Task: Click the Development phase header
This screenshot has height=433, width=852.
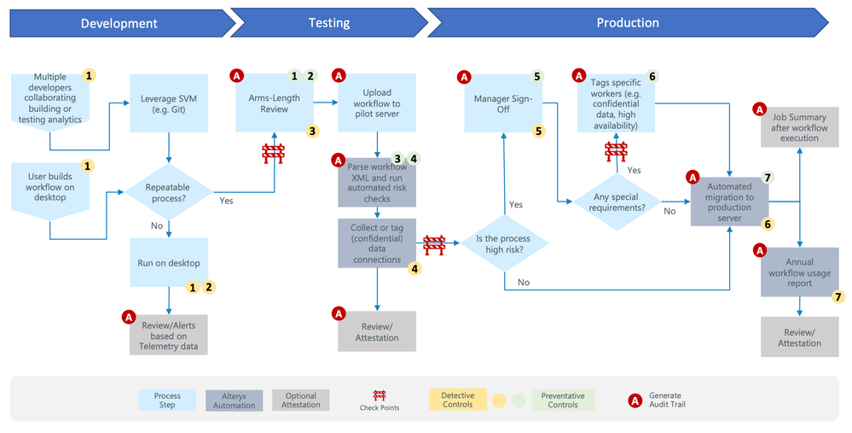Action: (119, 23)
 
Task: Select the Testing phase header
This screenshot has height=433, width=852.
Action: (329, 23)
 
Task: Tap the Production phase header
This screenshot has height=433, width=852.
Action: (628, 23)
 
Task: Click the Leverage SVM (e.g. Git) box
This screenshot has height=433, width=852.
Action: (169, 103)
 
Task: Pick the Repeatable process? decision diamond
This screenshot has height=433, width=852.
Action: (169, 192)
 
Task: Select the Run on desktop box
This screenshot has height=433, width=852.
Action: (169, 263)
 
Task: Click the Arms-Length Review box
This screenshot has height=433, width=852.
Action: (275, 103)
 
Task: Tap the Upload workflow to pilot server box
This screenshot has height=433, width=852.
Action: (377, 103)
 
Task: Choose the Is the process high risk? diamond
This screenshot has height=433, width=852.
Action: (504, 243)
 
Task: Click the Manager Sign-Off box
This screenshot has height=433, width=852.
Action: (503, 103)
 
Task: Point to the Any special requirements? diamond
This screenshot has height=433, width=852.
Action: (617, 202)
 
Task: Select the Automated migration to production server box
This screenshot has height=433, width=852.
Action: (729, 202)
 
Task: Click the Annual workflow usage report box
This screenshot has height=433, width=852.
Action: (799, 272)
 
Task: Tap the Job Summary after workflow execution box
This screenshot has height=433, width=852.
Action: (799, 127)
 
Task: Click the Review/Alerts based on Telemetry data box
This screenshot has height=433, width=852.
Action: (169, 335)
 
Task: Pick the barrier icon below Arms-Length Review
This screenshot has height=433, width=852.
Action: (273, 154)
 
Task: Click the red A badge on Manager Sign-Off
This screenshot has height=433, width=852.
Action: (464, 77)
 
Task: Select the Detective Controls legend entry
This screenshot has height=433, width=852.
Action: (457, 400)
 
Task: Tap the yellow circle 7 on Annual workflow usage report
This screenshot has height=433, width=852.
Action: (838, 296)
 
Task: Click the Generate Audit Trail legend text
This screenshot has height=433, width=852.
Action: (667, 400)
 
